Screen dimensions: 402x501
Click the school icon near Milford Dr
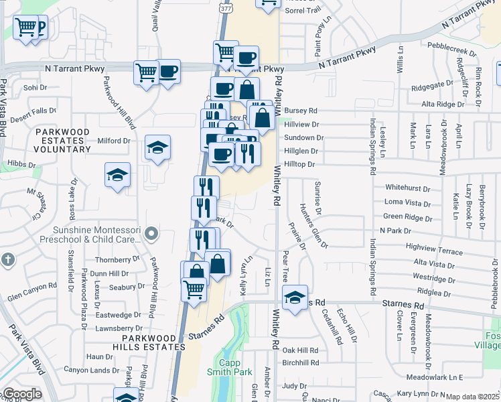pyautogui.click(x=158, y=148)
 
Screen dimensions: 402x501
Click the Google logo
pyautogui.click(x=21, y=394)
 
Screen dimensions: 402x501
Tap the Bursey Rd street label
pyautogui.click(x=300, y=111)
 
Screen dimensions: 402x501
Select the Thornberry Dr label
pyautogui.click(x=117, y=259)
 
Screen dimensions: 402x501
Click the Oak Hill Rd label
pyautogui.click(x=300, y=350)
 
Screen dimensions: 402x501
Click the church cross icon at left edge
pyautogui.click(x=7, y=259)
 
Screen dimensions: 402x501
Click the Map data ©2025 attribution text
pyautogui.click(x=472, y=397)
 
